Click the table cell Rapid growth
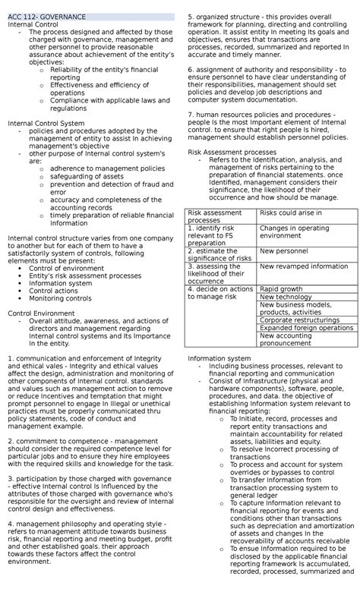[281, 288]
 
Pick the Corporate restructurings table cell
[298, 320]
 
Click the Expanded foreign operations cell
[306, 328]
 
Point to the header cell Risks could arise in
[291, 213]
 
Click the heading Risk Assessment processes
[230, 152]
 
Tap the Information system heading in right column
[219, 358]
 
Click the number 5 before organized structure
[190, 16]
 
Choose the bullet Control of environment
[67, 268]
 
